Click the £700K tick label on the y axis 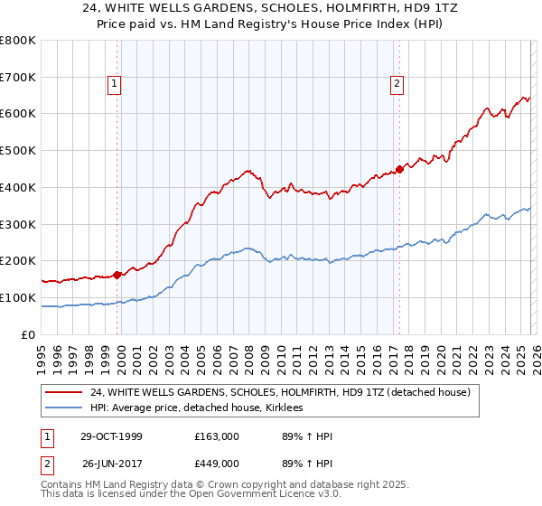[18, 78]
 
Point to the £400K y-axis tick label [18, 188]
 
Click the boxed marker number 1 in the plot [116, 85]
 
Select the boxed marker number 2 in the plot [397, 85]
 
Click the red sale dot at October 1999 [117, 275]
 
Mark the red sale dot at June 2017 [399, 169]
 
